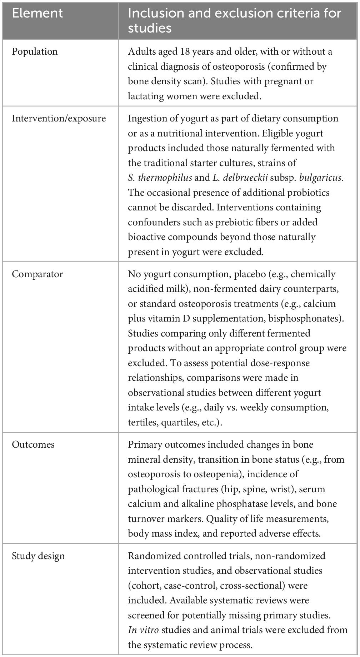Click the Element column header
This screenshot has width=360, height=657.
[x=37, y=13]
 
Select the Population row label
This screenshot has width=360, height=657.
[x=35, y=51]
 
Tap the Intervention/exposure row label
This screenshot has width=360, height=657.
[x=59, y=118]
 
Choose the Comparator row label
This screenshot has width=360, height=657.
[x=37, y=274]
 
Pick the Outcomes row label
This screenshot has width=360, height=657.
[x=33, y=444]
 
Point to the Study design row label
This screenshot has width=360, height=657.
[x=39, y=556]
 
